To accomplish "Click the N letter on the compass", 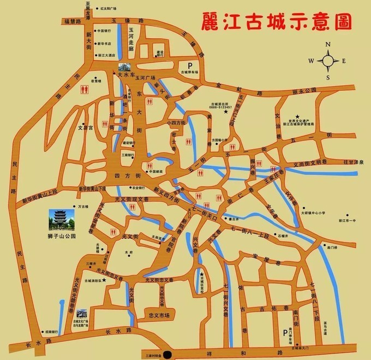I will pyautogui.click(x=328, y=45).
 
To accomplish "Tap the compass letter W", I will pyautogui.click(x=310, y=61).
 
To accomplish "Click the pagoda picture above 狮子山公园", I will pyautogui.click(x=57, y=220).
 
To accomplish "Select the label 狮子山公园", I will pyautogui.click(x=57, y=237).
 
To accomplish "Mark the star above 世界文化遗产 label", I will pyautogui.click(x=297, y=116).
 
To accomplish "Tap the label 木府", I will pyautogui.click(x=129, y=252).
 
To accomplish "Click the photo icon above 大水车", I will pyautogui.click(x=122, y=69).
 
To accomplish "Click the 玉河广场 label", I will pyautogui.click(x=146, y=78).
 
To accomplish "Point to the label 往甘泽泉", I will pyautogui.click(x=352, y=162).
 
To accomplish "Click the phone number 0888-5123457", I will pyautogui.click(x=221, y=107).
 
